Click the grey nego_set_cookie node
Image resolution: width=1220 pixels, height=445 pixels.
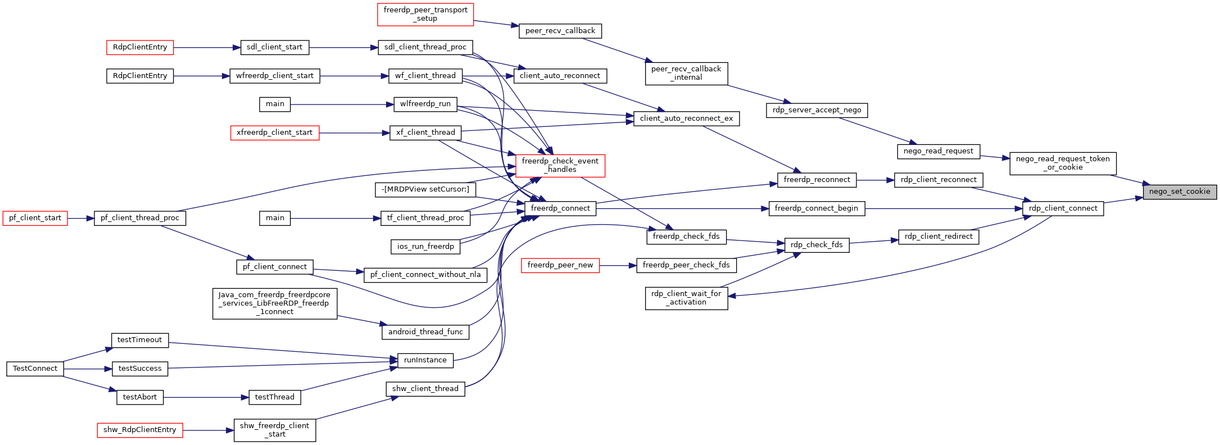click(x=1180, y=192)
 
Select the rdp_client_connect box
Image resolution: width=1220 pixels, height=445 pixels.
click(x=1063, y=208)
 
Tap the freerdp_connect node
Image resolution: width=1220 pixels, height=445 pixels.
click(x=560, y=208)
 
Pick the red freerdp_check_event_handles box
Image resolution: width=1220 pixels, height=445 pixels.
click(x=560, y=165)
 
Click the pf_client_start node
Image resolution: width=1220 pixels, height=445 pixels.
click(x=35, y=218)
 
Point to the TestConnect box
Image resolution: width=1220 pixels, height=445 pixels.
click(x=35, y=369)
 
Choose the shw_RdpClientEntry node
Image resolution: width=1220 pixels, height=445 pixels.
click(x=140, y=430)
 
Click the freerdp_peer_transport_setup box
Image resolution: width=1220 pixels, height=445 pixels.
click(x=425, y=14)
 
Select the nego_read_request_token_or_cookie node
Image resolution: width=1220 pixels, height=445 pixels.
click(x=1063, y=163)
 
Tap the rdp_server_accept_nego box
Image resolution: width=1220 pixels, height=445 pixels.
click(x=817, y=110)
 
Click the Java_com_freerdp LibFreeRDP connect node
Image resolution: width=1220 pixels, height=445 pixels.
click(x=275, y=303)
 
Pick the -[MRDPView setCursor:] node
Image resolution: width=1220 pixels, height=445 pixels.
click(x=425, y=189)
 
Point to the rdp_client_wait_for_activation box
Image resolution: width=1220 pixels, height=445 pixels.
click(x=686, y=298)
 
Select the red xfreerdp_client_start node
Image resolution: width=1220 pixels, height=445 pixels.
click(x=275, y=133)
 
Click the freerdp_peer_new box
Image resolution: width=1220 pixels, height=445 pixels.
click(x=560, y=265)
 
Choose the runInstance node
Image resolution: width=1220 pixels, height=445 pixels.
click(x=425, y=360)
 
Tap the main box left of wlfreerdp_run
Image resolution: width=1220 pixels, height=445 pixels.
click(x=275, y=104)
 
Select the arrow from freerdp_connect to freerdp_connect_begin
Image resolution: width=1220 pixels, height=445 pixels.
click(x=682, y=208)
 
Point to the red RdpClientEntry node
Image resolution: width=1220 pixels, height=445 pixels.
click(x=140, y=47)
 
